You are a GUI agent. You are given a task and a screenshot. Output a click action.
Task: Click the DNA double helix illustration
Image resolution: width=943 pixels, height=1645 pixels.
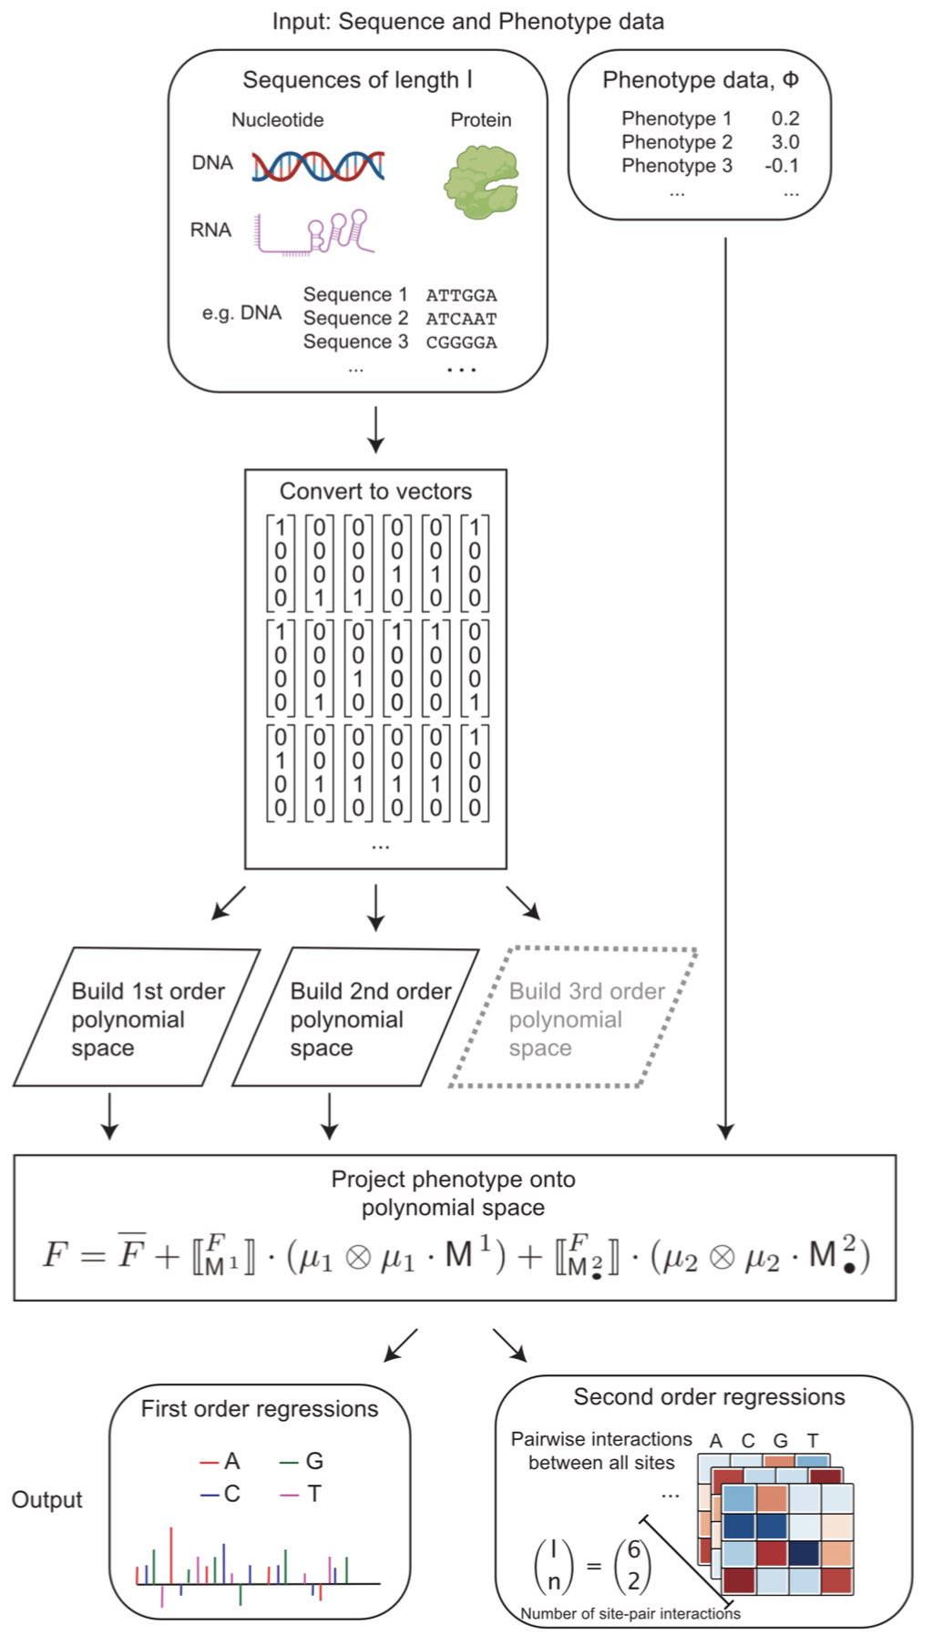click(318, 165)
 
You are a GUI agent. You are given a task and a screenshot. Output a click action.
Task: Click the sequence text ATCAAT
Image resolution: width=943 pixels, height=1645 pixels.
click(461, 319)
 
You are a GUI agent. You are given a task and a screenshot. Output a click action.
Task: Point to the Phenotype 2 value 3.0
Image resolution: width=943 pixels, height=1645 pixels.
click(784, 142)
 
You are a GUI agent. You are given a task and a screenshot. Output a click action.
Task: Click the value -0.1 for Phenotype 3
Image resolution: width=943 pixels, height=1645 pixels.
click(782, 166)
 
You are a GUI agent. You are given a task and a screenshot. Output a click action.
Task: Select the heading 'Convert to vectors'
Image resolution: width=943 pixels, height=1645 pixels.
click(375, 491)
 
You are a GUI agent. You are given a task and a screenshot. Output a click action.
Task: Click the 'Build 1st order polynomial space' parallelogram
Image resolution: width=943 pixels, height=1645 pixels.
click(137, 1018)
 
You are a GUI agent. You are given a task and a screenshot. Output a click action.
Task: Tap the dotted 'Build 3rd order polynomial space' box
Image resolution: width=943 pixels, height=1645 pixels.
click(574, 1018)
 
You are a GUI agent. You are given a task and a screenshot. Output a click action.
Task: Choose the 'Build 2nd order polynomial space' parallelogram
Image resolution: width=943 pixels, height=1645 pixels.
click(355, 1018)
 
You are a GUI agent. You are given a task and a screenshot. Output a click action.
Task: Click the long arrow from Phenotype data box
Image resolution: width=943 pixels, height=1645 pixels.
click(725, 683)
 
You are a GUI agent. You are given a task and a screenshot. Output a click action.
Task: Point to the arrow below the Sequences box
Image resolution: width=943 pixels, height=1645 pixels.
click(375, 430)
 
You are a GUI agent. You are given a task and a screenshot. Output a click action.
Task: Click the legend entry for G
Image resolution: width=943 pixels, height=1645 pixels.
click(303, 1461)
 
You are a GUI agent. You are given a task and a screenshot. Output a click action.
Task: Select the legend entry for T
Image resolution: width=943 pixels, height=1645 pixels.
click(303, 1494)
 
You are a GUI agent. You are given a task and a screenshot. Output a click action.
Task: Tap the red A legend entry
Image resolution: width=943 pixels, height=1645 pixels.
click(220, 1461)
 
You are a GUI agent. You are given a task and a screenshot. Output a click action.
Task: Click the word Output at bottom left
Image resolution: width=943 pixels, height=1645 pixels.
click(46, 1499)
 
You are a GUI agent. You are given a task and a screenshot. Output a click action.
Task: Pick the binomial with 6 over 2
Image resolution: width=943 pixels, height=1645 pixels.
click(633, 1565)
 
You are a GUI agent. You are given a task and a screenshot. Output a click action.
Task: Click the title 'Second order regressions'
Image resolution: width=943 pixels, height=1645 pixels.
click(709, 1396)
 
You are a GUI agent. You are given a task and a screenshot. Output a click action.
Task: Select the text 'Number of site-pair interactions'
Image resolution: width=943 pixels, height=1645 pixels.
click(630, 1613)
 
